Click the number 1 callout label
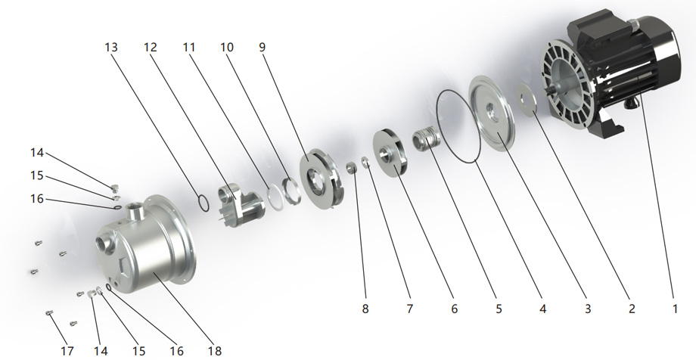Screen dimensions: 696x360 (675, 309)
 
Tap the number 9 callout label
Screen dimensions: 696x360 (263, 47)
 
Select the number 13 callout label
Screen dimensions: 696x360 (111, 47)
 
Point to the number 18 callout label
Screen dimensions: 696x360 (214, 351)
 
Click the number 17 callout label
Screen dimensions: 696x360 (67, 351)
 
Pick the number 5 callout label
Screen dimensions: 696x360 (499, 309)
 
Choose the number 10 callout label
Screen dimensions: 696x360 (227, 47)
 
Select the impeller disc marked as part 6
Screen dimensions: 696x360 (390, 153)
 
